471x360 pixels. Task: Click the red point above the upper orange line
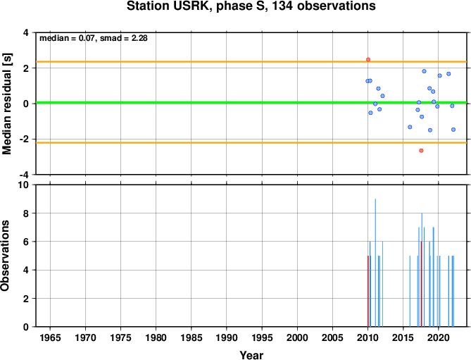[368, 60]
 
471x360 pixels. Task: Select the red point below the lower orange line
[421, 151]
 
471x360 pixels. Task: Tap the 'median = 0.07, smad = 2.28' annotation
[94, 38]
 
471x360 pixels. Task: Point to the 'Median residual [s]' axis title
[6, 104]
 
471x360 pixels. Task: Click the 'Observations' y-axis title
[5, 256]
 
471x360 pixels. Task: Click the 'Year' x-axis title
[251, 355]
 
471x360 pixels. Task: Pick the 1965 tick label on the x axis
[50, 337]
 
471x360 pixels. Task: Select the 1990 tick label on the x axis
[227, 337]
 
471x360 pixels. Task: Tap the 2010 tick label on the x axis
[368, 337]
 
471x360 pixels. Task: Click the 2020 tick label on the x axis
[439, 337]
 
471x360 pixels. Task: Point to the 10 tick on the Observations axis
[25, 185]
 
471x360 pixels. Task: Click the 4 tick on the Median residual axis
[26, 32]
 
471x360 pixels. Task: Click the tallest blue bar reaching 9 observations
[375, 263]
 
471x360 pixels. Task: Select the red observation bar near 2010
[368, 291]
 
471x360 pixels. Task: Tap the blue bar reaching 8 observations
[422, 270]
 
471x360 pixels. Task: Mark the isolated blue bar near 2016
[410, 291]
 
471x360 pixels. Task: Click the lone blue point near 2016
[410, 127]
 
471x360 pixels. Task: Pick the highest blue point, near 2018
[424, 71]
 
